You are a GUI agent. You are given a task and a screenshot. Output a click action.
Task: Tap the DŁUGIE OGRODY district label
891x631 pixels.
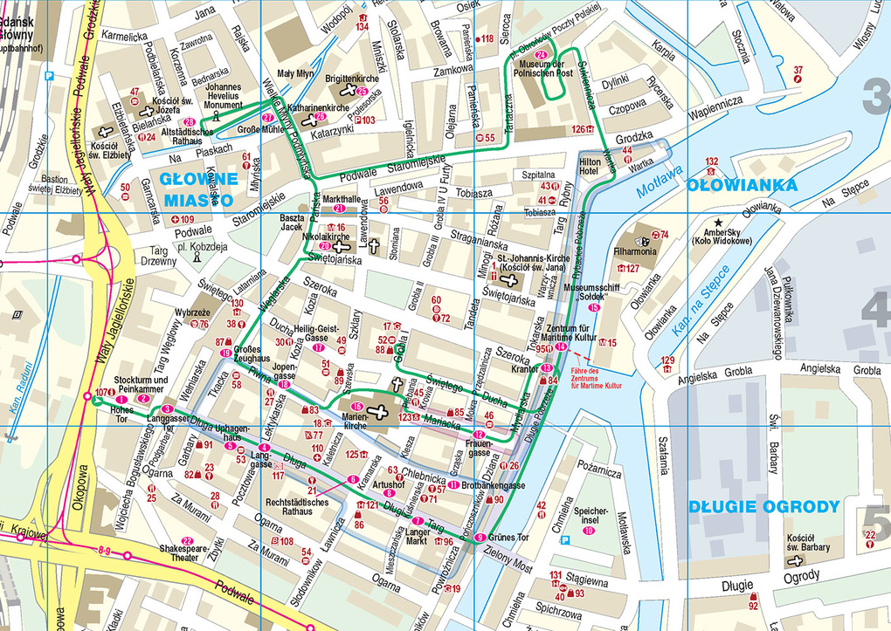click(x=763, y=506)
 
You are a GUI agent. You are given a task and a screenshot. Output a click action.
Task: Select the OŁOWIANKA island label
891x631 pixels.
click(x=742, y=185)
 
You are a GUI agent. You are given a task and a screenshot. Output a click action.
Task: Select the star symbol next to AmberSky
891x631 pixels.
click(x=718, y=223)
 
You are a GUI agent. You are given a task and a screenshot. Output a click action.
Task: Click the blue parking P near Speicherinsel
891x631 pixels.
click(x=565, y=541)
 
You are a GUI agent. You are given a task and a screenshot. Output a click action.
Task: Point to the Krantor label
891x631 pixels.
click(x=524, y=369)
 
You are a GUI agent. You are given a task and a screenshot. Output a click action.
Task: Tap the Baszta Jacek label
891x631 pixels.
click(x=291, y=222)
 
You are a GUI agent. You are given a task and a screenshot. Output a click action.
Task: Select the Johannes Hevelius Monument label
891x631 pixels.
click(x=223, y=96)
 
